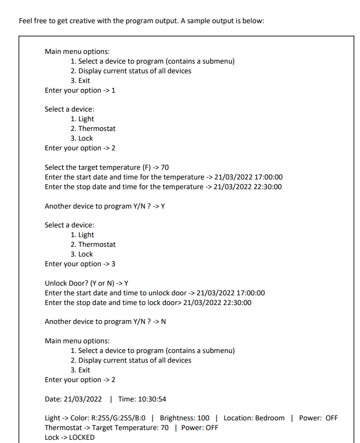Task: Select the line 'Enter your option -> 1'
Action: coord(80,90)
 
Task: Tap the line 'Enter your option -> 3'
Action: coord(80,264)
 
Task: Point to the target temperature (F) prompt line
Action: coord(107,167)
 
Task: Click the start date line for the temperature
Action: coord(163,177)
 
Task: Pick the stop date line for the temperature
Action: coord(163,186)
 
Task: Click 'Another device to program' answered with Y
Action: coord(104,206)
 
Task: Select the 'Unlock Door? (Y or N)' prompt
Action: coord(86,283)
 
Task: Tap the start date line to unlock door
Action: coord(154,293)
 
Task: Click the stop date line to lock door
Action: coord(148,302)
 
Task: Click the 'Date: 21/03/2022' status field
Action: coord(73,399)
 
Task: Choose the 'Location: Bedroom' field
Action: coord(254,418)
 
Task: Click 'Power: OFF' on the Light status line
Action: coord(318,418)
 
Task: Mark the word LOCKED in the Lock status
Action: coord(82,437)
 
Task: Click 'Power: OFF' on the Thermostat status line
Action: coord(199,427)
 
